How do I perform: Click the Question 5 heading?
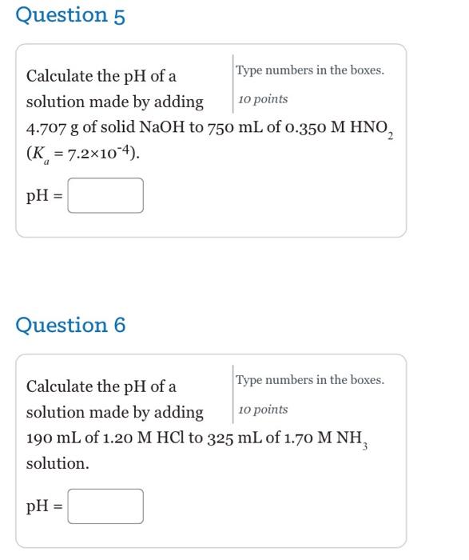[x=70, y=16]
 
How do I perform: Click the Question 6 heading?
[x=70, y=326]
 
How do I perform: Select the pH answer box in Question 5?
[x=105, y=195]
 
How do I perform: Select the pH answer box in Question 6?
[x=105, y=506]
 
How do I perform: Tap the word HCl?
[x=172, y=438]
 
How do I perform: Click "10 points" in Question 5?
[x=263, y=99]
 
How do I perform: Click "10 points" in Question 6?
[x=263, y=410]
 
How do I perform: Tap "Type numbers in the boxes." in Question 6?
[x=310, y=380]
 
